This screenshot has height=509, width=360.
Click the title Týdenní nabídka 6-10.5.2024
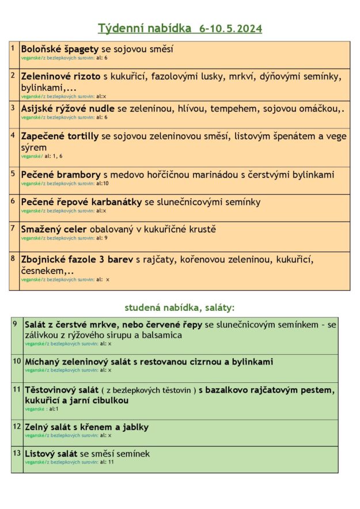[180, 28]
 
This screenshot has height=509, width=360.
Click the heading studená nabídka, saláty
[180, 307]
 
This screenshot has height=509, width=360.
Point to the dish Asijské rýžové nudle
[69, 108]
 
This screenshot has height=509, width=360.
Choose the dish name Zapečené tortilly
[60, 136]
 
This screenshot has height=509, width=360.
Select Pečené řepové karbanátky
[82, 202]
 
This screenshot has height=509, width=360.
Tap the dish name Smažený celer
[54, 229]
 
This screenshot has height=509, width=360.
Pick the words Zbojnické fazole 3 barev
[77, 260]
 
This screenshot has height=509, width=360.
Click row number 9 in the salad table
[14, 324]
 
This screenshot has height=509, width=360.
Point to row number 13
[16, 453]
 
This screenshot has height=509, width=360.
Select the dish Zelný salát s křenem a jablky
[86, 427]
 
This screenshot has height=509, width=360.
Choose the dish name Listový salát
[51, 454]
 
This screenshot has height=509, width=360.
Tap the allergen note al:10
[103, 184]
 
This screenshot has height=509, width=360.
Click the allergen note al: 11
[107, 462]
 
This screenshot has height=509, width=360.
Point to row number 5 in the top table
[13, 173]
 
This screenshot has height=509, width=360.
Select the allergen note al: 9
[102, 238]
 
